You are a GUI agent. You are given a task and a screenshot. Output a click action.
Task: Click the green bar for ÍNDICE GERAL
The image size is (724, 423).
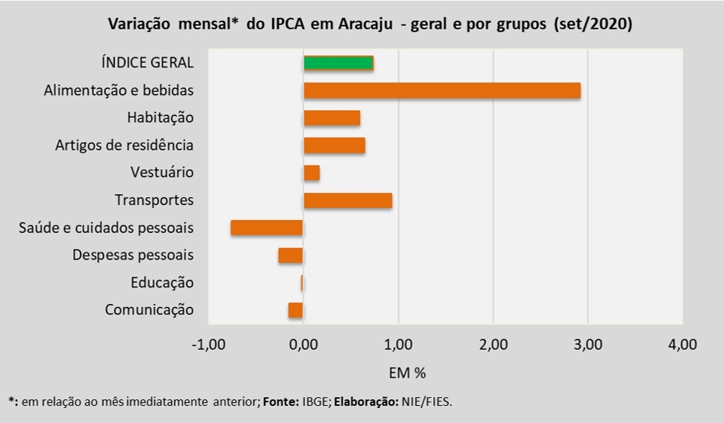point(338,63)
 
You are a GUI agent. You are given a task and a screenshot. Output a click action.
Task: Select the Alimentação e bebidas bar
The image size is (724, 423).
point(442,90)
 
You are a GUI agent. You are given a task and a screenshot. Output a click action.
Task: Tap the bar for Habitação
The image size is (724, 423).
point(332,118)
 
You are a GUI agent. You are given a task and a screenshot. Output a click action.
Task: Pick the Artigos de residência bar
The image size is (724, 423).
point(334,146)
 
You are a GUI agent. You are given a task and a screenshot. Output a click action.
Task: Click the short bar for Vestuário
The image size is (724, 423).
point(312,173)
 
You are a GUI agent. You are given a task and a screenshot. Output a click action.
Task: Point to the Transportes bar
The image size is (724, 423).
point(348,201)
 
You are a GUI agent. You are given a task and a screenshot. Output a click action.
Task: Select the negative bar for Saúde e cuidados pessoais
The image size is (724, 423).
point(267,228)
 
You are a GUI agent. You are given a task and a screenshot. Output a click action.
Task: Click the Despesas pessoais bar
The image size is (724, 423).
point(290,255)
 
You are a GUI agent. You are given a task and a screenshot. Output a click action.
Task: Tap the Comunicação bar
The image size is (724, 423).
point(295,310)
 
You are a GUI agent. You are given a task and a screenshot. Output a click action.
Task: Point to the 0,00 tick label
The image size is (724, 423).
point(303,345)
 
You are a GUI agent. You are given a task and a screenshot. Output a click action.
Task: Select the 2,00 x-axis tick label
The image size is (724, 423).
point(493,345)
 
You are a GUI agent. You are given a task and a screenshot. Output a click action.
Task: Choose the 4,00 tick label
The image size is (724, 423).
point(682,345)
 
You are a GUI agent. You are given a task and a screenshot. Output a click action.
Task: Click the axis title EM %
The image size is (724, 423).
point(407,373)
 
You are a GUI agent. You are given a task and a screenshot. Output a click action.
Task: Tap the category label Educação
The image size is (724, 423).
point(162,282)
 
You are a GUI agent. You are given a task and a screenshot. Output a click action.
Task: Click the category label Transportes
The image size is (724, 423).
point(154,200)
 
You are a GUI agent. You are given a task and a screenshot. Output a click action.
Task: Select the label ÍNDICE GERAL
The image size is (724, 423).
point(148,62)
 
